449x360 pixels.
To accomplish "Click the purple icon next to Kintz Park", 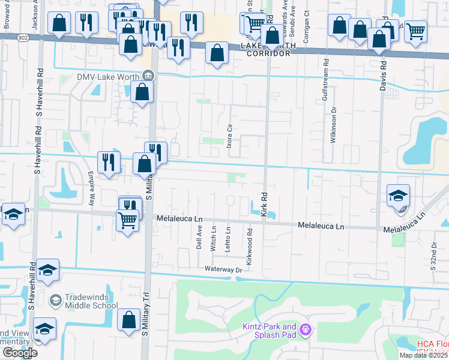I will click(306, 329).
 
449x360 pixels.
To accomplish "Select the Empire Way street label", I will click(92, 189).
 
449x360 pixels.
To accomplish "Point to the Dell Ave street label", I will click(199, 237).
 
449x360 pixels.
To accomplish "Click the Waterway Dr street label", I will click(222, 269).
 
